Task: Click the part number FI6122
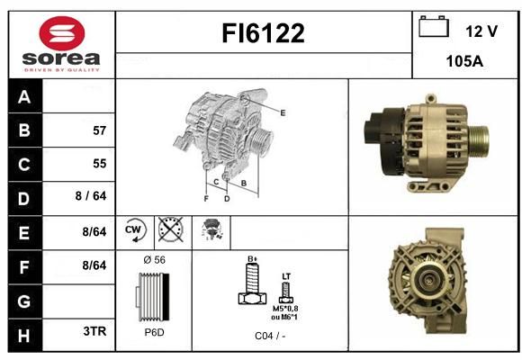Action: [x=263, y=33]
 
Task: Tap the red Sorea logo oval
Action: [x=62, y=33]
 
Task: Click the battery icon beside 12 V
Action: [x=434, y=27]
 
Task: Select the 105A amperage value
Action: [x=464, y=61]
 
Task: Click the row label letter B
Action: [x=24, y=130]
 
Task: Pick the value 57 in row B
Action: [x=100, y=130]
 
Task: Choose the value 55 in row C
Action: [x=100, y=164]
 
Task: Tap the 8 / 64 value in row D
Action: [x=91, y=196]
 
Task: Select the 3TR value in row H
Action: [x=94, y=331]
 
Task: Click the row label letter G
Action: [x=24, y=301]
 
